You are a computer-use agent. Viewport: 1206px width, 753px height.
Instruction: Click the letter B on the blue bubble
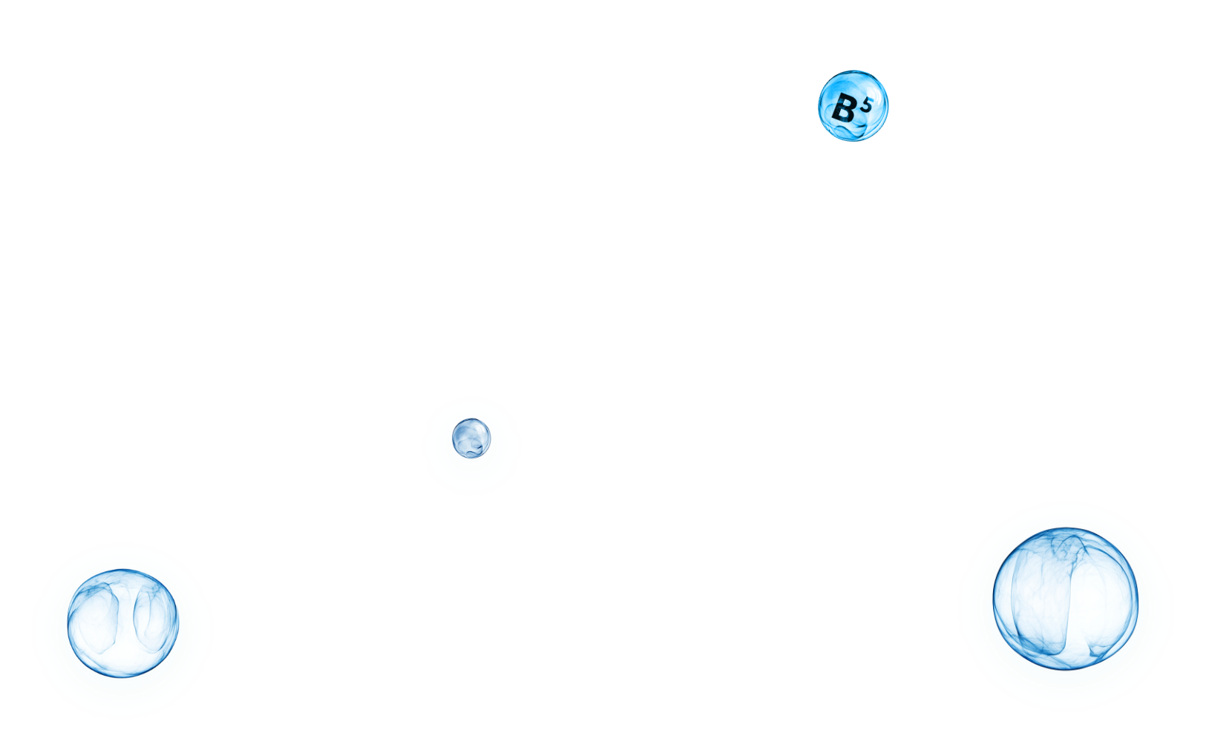(x=844, y=109)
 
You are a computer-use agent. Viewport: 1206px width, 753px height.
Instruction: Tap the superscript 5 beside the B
(x=866, y=103)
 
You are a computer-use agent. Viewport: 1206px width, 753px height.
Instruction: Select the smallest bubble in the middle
(x=471, y=438)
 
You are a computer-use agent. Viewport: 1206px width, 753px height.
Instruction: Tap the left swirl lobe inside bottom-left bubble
(x=100, y=616)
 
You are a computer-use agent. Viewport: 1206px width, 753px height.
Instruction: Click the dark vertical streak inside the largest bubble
(x=1069, y=608)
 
